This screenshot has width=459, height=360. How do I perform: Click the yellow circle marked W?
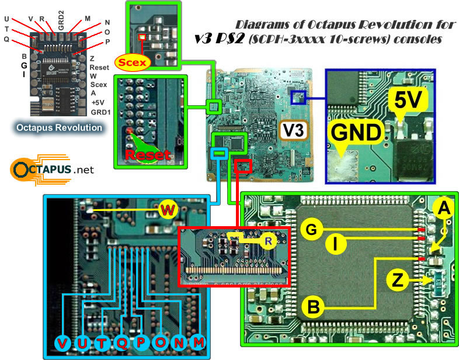[167, 210]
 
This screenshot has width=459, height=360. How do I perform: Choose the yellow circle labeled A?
[444, 207]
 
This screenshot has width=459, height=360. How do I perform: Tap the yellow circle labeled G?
[312, 230]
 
